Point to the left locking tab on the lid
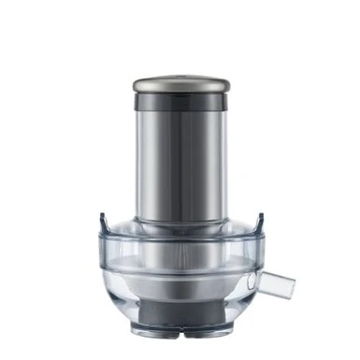[102, 222]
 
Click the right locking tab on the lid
[259, 222]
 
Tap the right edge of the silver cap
[227, 84]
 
